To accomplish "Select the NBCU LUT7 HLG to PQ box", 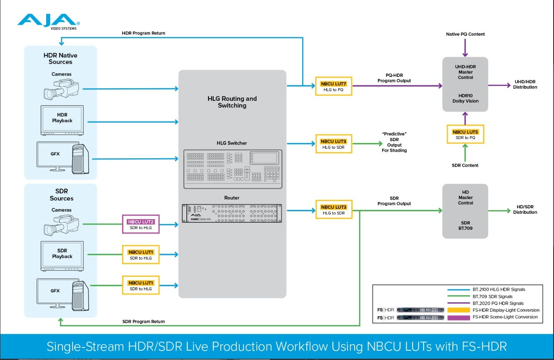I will pyautogui.click(x=333, y=87).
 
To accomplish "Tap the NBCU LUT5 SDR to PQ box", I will pyautogui.click(x=465, y=134).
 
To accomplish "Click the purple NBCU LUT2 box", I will pyautogui.click(x=141, y=224).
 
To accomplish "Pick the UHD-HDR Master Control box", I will pyautogui.click(x=465, y=84).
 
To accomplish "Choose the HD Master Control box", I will pyautogui.click(x=465, y=211).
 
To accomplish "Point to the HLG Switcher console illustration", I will pyautogui.click(x=233, y=169).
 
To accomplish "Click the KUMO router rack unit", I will pyautogui.click(x=232, y=213).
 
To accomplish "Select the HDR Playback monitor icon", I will pyautogui.click(x=62, y=120).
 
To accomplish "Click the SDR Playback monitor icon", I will pyautogui.click(x=62, y=256).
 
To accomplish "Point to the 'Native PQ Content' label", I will pyautogui.click(x=465, y=34).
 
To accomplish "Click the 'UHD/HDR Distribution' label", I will pyautogui.click(x=525, y=84).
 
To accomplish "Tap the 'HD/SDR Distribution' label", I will pyautogui.click(x=525, y=210).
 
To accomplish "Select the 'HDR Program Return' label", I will pyautogui.click(x=144, y=33).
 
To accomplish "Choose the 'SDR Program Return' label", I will pyautogui.click(x=144, y=321).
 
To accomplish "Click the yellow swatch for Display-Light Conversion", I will pyautogui.click(x=458, y=310).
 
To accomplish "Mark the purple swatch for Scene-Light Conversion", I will pyautogui.click(x=458, y=317).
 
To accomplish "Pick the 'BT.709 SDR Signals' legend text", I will pyautogui.click(x=492, y=297).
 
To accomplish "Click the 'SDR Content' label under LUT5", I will pyautogui.click(x=465, y=166).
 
